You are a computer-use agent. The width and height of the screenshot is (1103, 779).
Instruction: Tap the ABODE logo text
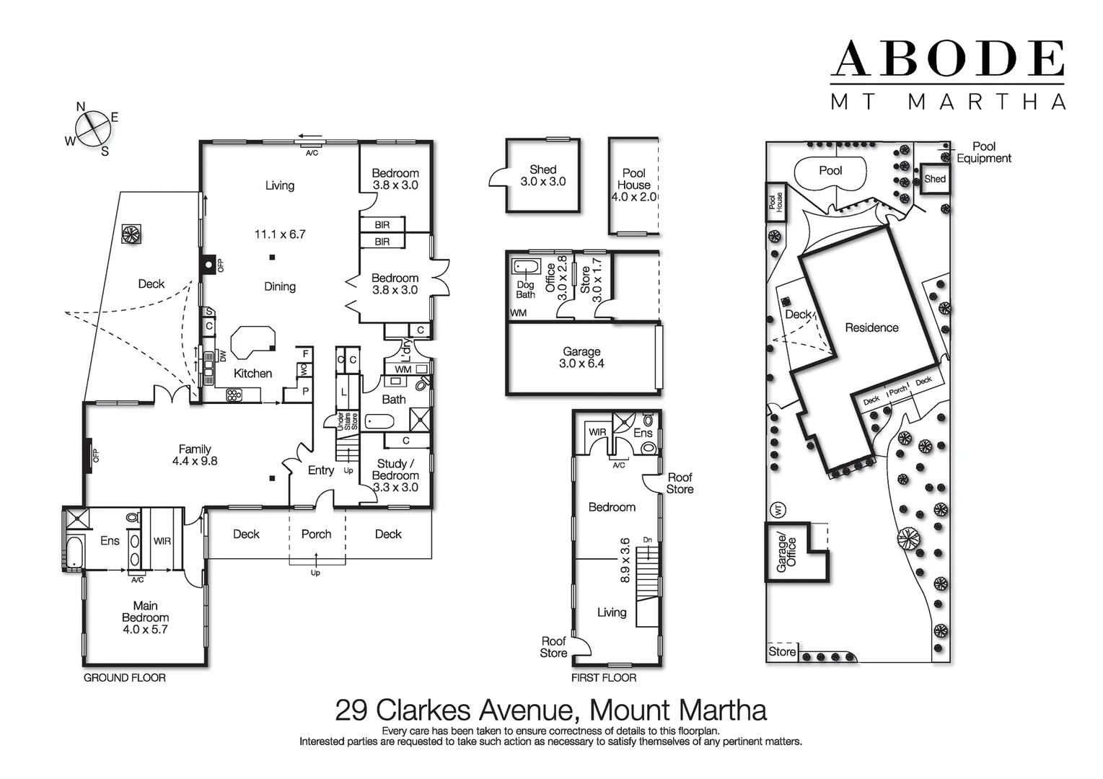948,59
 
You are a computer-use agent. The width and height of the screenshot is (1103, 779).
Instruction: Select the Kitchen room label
252,373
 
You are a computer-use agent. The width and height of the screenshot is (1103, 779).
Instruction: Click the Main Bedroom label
145,617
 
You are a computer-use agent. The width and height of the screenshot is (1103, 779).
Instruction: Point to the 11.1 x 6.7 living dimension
279,234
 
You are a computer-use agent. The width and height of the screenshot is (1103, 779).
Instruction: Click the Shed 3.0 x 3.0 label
542,175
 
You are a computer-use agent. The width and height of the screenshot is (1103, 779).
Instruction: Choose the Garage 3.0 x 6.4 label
581,358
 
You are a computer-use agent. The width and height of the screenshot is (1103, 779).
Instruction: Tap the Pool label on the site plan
830,171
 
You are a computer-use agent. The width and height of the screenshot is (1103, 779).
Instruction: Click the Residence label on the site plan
871,327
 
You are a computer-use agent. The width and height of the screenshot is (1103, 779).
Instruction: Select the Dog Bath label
525,289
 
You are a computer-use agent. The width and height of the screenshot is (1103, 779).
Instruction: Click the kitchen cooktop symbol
234,395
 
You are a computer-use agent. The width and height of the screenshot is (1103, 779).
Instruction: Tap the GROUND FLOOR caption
125,678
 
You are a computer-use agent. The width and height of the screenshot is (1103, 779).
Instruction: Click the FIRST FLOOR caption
603,678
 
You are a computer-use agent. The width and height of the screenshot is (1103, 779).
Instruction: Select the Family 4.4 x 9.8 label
195,454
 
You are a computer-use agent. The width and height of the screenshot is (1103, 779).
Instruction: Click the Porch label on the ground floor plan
316,534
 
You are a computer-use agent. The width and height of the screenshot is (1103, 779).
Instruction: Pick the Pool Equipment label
983,152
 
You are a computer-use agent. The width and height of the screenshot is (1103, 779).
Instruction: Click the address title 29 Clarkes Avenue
550,710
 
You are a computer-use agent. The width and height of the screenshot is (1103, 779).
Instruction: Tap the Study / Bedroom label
395,475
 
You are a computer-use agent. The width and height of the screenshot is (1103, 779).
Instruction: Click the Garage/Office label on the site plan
786,554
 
